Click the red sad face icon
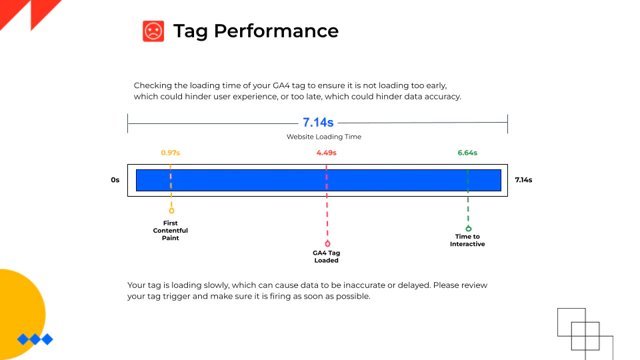pos(153,31)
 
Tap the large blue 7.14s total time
pos(318,123)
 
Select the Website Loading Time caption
pos(324,137)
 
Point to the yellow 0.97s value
pos(171,153)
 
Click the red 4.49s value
pos(326,153)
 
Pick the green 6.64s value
pos(467,153)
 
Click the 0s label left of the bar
pos(115,180)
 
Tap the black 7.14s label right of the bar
pos(524,180)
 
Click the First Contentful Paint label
pos(171,231)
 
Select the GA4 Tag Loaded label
pos(326,257)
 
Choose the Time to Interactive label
pos(467,240)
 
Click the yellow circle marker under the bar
pos(171,211)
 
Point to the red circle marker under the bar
pos(327,244)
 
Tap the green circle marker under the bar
pos(468,228)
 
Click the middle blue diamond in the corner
pos(35,339)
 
